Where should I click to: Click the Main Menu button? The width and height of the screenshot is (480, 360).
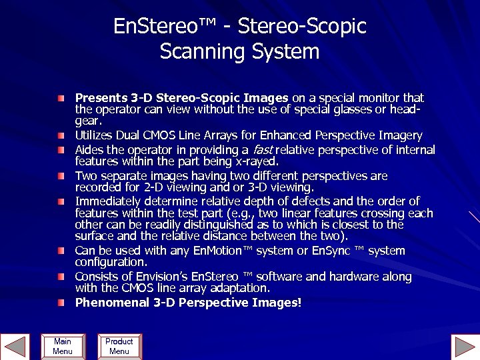62,346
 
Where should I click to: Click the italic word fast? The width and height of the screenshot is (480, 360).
263,150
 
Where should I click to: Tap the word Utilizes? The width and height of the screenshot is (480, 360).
93,135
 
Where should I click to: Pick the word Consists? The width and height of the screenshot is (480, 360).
97,277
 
